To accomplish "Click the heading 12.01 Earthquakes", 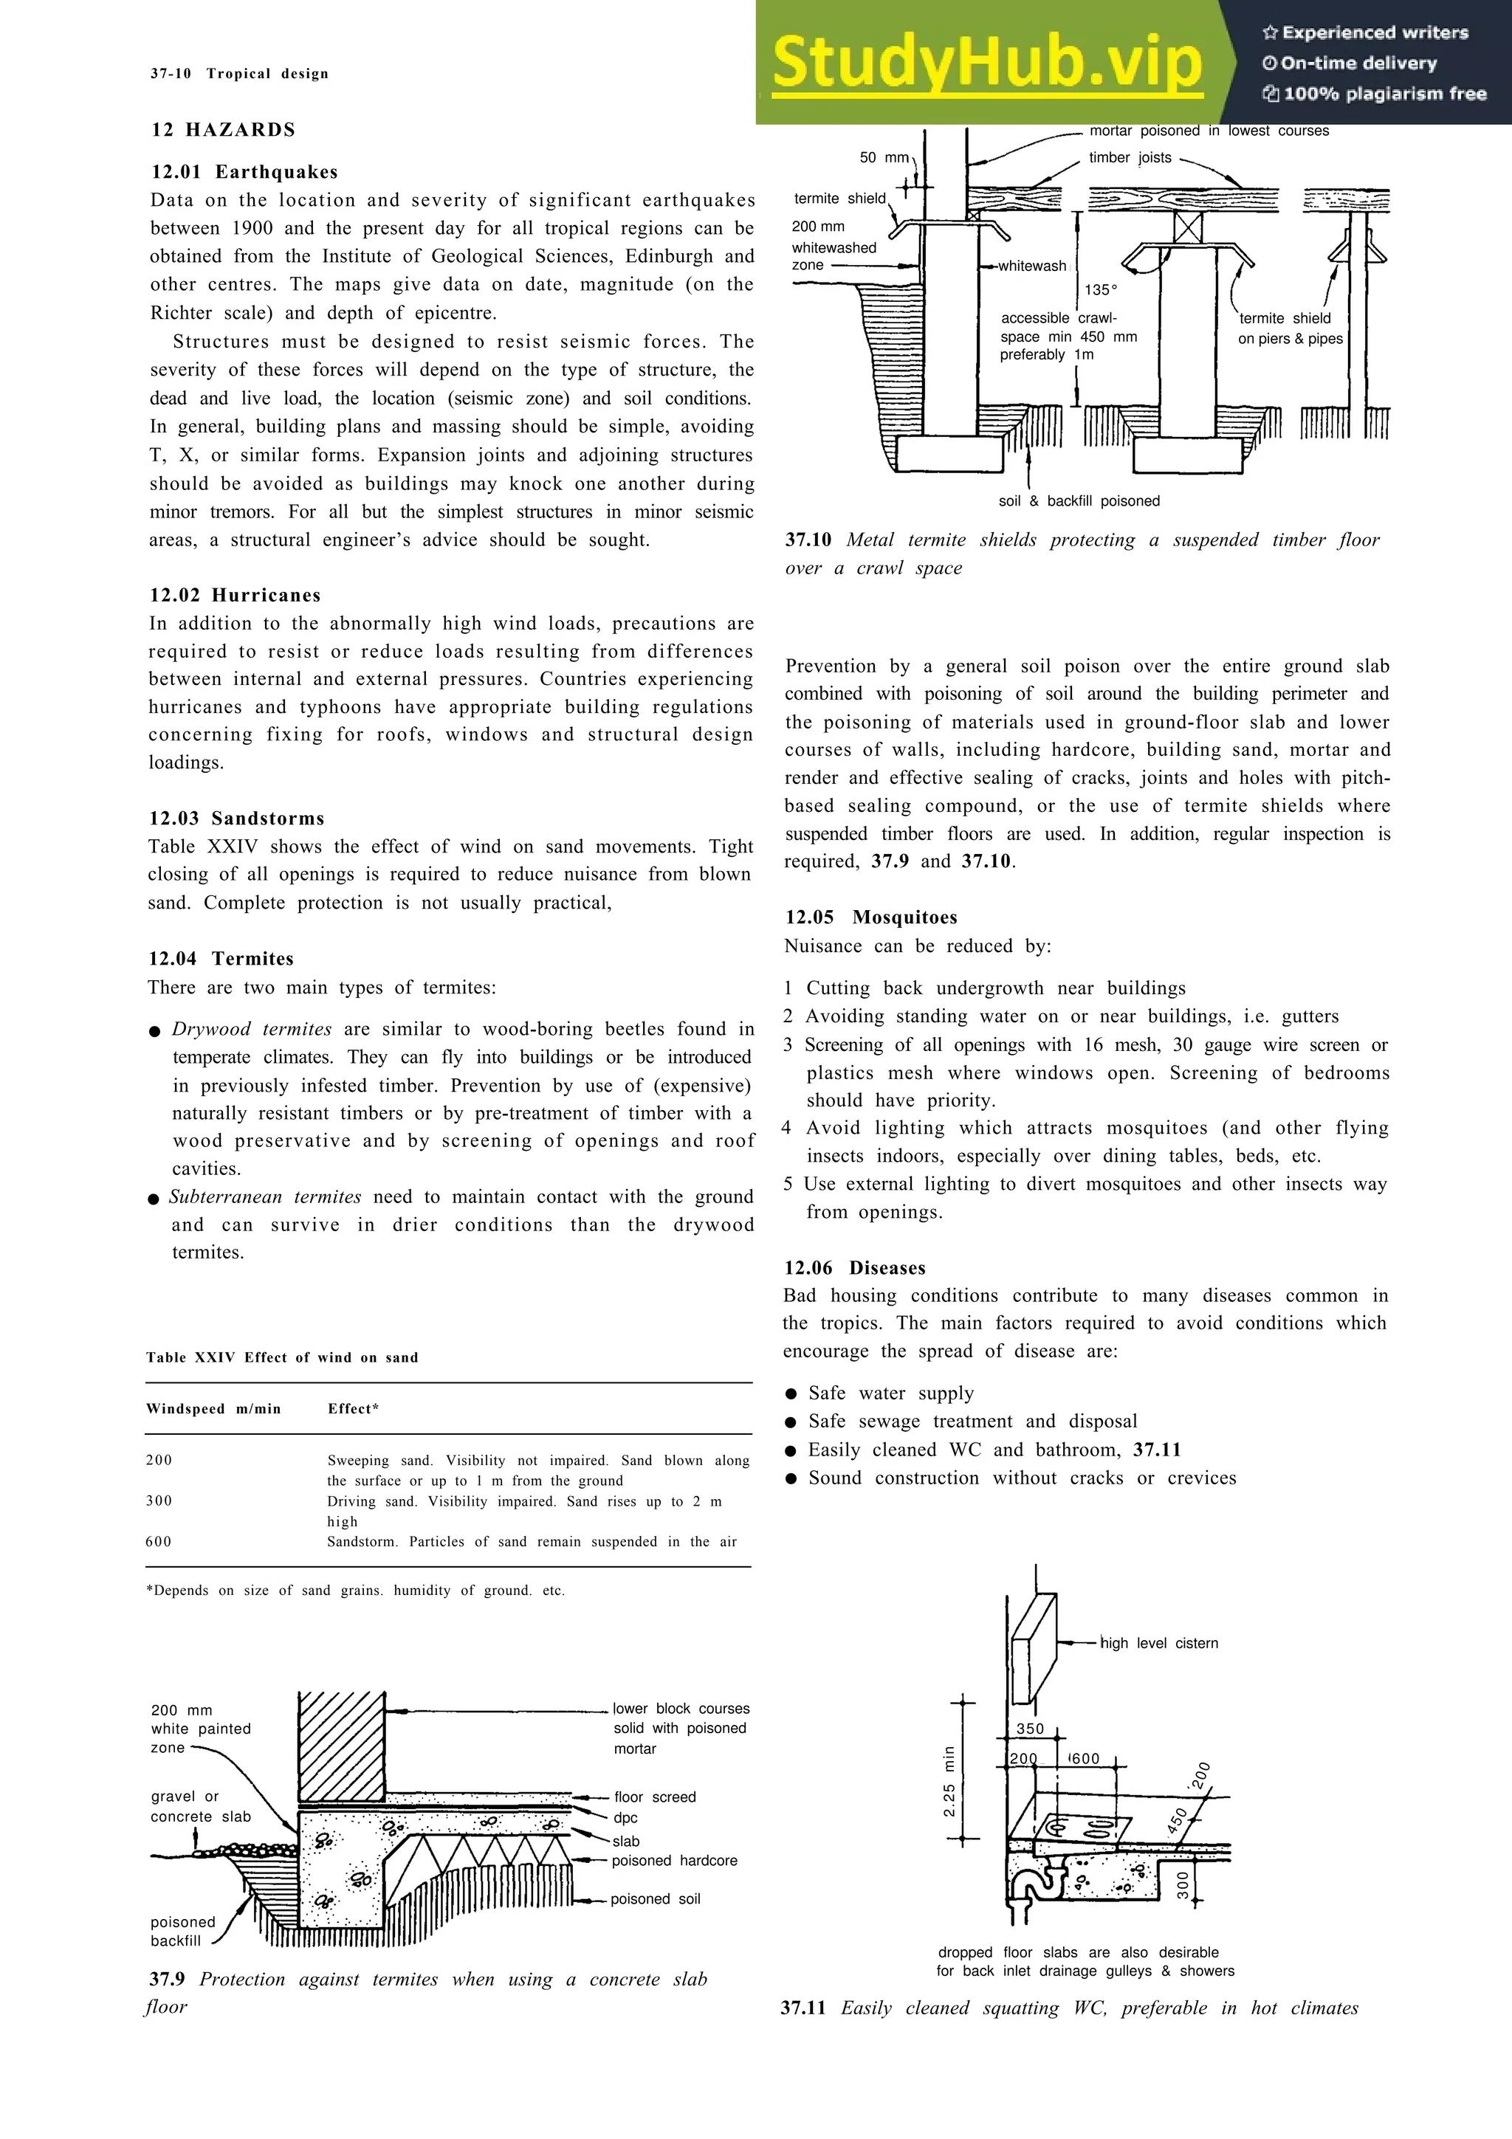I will tap(244, 173).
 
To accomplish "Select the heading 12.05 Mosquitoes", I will tap(871, 917).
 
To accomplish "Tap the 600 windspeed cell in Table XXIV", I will tap(159, 1542).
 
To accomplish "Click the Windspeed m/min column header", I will tap(213, 1408).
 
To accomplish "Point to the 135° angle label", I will tap(1100, 290).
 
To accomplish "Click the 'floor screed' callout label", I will tap(655, 1797).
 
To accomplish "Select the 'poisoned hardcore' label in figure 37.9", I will tap(675, 1861).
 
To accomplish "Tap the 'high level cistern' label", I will tap(1159, 1644).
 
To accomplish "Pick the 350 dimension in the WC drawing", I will tap(1029, 1729).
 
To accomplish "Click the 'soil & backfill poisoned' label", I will tap(1079, 501).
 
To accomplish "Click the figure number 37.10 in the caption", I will tap(808, 540).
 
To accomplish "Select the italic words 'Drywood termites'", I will tap(252, 1030).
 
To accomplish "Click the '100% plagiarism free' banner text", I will tap(1384, 94).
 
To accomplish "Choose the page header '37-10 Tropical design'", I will tap(239, 74).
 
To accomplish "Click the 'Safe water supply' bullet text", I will tap(890, 1394).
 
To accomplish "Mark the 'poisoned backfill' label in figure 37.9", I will tap(182, 1932).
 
